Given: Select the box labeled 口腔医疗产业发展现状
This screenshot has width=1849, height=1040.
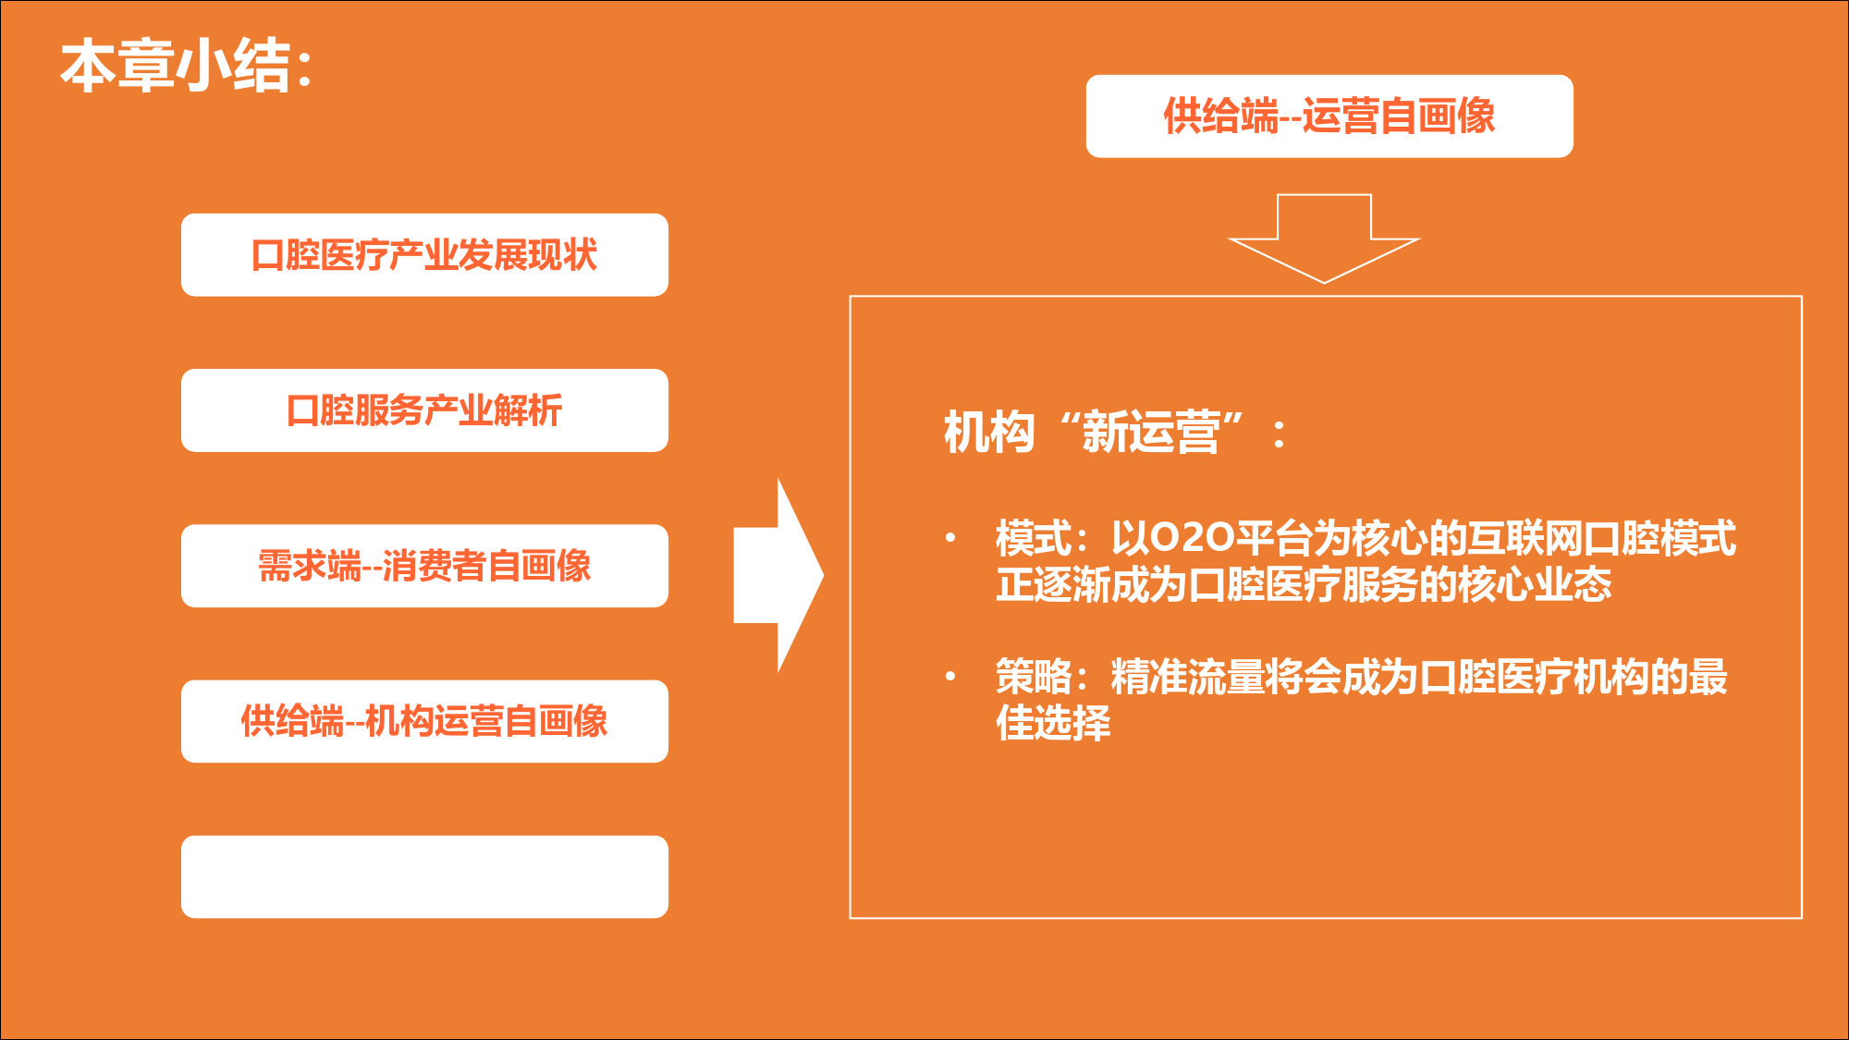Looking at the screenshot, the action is [x=424, y=255].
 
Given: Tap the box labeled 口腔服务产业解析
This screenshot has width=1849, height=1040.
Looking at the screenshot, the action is [x=424, y=410].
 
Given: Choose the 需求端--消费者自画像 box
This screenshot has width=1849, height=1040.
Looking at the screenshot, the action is [x=424, y=566].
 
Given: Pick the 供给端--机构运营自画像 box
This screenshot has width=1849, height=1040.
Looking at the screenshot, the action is [x=424, y=721].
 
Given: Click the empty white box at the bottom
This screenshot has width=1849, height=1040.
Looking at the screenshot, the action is [x=424, y=876].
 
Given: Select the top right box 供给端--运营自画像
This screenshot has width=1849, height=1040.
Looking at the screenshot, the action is [x=1329, y=116].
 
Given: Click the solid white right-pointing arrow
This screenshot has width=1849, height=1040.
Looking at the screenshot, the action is [x=778, y=575].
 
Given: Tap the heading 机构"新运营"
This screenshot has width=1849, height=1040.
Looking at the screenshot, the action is [x=1114, y=433].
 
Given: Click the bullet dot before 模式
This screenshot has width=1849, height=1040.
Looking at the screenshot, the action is [x=950, y=537].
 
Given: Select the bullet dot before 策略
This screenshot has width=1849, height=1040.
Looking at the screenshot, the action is [x=950, y=676].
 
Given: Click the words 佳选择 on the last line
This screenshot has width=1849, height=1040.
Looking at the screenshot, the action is [x=1053, y=722].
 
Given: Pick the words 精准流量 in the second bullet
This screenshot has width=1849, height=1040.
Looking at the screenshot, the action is [x=1187, y=677].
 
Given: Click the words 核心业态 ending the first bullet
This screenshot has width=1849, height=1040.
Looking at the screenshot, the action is [x=1536, y=584].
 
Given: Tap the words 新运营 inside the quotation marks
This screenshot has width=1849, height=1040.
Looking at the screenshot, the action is [x=1151, y=433].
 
